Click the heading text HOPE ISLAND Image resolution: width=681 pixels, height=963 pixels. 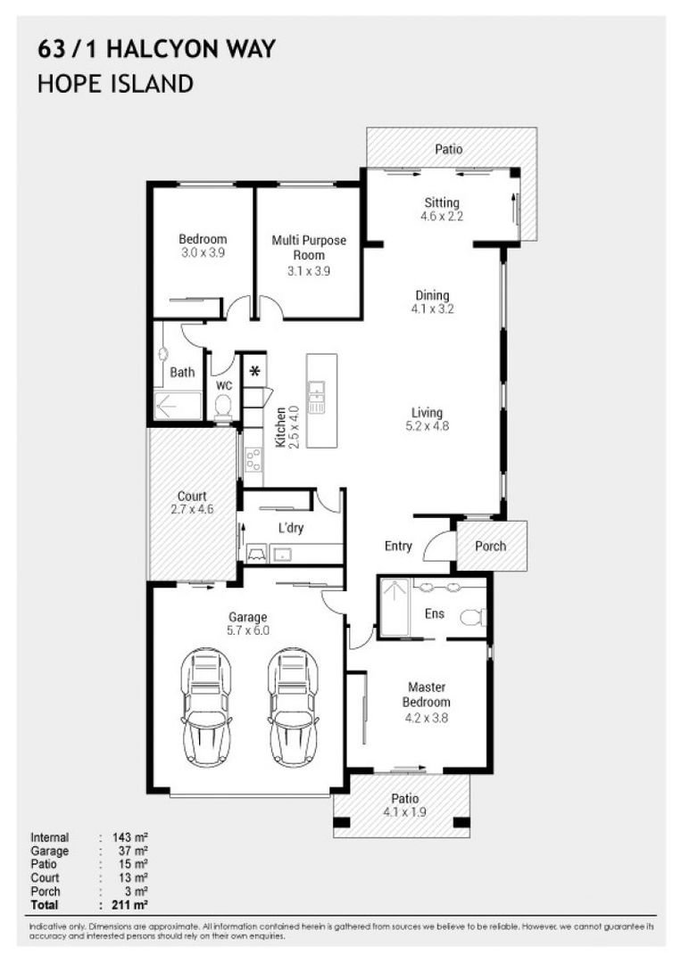(x=115, y=84)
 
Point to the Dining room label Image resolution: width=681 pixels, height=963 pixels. (x=431, y=302)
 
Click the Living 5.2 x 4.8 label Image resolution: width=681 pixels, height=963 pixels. (x=427, y=419)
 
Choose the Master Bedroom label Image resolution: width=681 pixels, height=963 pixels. (x=426, y=694)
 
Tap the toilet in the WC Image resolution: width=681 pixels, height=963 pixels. (x=224, y=406)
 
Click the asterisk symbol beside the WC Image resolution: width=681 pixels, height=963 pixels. (x=254, y=370)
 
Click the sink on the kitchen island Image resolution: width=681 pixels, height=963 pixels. (x=317, y=397)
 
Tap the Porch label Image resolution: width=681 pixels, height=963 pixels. (x=491, y=546)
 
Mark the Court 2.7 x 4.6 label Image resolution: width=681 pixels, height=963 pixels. (x=192, y=503)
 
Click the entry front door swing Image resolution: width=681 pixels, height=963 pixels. (x=439, y=547)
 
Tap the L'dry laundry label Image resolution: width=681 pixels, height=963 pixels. (x=291, y=528)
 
